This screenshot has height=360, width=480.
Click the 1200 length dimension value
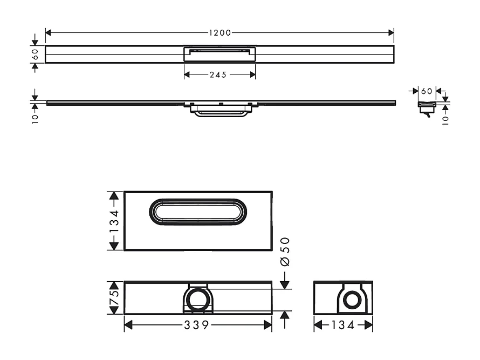(220, 33)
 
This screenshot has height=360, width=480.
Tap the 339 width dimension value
(198, 325)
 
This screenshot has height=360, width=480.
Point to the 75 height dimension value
(114, 297)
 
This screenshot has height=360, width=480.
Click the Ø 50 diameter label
(285, 251)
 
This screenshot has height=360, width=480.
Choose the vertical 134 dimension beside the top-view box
(114, 221)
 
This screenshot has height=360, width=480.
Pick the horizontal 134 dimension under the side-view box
(343, 325)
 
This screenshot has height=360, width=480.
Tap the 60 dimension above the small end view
(427, 91)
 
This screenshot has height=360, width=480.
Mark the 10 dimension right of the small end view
(445, 119)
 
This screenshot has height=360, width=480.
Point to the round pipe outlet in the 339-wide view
(198, 298)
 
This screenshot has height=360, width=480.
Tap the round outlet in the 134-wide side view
(353, 300)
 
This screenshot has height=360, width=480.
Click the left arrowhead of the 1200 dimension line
(48, 33)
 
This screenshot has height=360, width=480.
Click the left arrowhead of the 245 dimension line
(187, 75)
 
